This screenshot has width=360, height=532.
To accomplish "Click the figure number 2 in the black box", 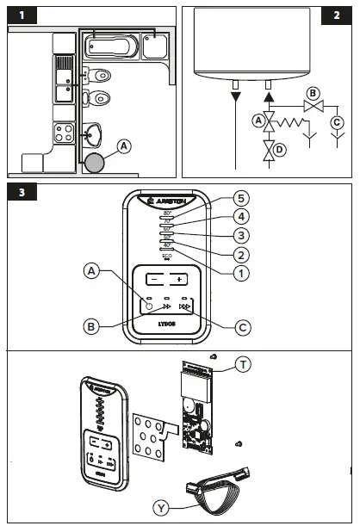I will (337, 15).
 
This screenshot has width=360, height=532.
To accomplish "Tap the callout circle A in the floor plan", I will (125, 146).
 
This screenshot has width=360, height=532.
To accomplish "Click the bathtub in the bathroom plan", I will (109, 46).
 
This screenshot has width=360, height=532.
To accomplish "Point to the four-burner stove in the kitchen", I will (65, 133).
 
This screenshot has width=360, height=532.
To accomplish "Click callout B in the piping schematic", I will (313, 93).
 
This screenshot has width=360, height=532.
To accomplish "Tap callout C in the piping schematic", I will (338, 121).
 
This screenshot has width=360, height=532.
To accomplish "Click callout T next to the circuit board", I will (245, 365).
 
